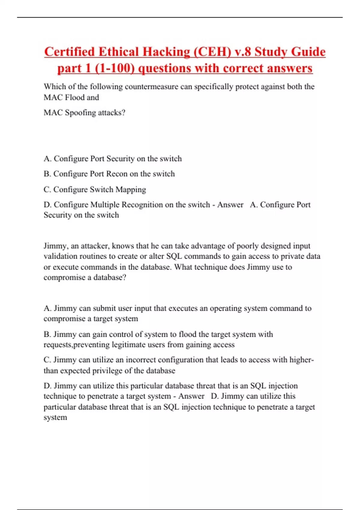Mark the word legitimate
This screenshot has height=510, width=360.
pos(129,345)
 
